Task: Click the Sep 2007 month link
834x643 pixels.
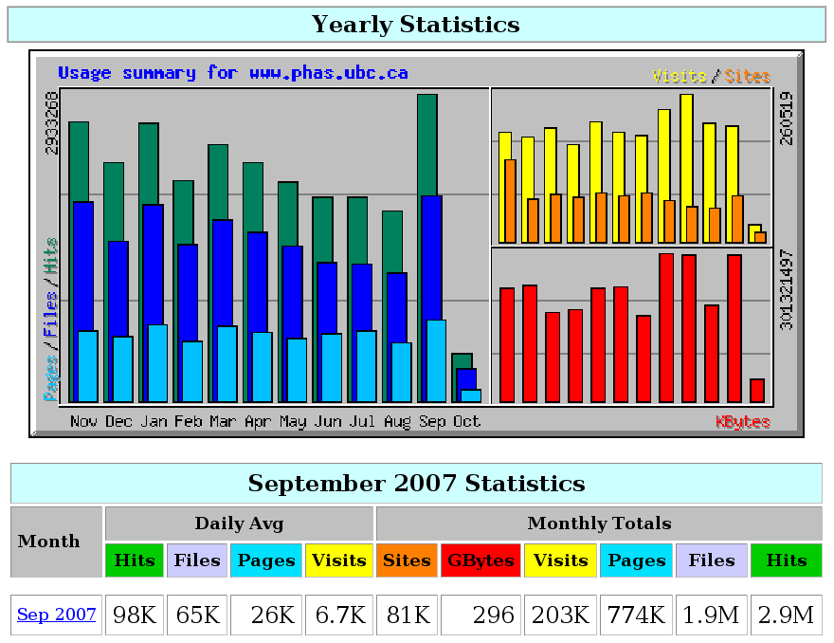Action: click(x=57, y=615)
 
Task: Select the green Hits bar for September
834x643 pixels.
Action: click(x=427, y=142)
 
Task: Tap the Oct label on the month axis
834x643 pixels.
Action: click(x=466, y=421)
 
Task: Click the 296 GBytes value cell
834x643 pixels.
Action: click(x=480, y=615)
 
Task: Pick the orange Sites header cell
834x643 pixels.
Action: click(x=407, y=560)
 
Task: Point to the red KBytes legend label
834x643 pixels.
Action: click(x=742, y=421)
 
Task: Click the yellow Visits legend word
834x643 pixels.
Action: click(x=680, y=76)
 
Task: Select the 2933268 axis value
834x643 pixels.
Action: click(x=52, y=122)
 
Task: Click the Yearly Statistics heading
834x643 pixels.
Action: click(x=416, y=25)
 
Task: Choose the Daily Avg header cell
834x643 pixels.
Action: click(x=239, y=524)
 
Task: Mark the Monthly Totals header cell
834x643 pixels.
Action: click(x=599, y=524)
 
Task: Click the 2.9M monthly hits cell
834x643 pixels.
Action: click(x=787, y=615)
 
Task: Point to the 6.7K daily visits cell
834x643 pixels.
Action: click(x=339, y=615)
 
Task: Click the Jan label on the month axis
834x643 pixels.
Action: click(x=154, y=421)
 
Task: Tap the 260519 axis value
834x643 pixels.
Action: click(x=786, y=119)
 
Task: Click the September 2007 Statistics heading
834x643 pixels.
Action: click(x=416, y=483)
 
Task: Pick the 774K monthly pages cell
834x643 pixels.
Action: click(x=636, y=615)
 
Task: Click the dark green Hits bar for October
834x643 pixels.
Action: click(x=462, y=360)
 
